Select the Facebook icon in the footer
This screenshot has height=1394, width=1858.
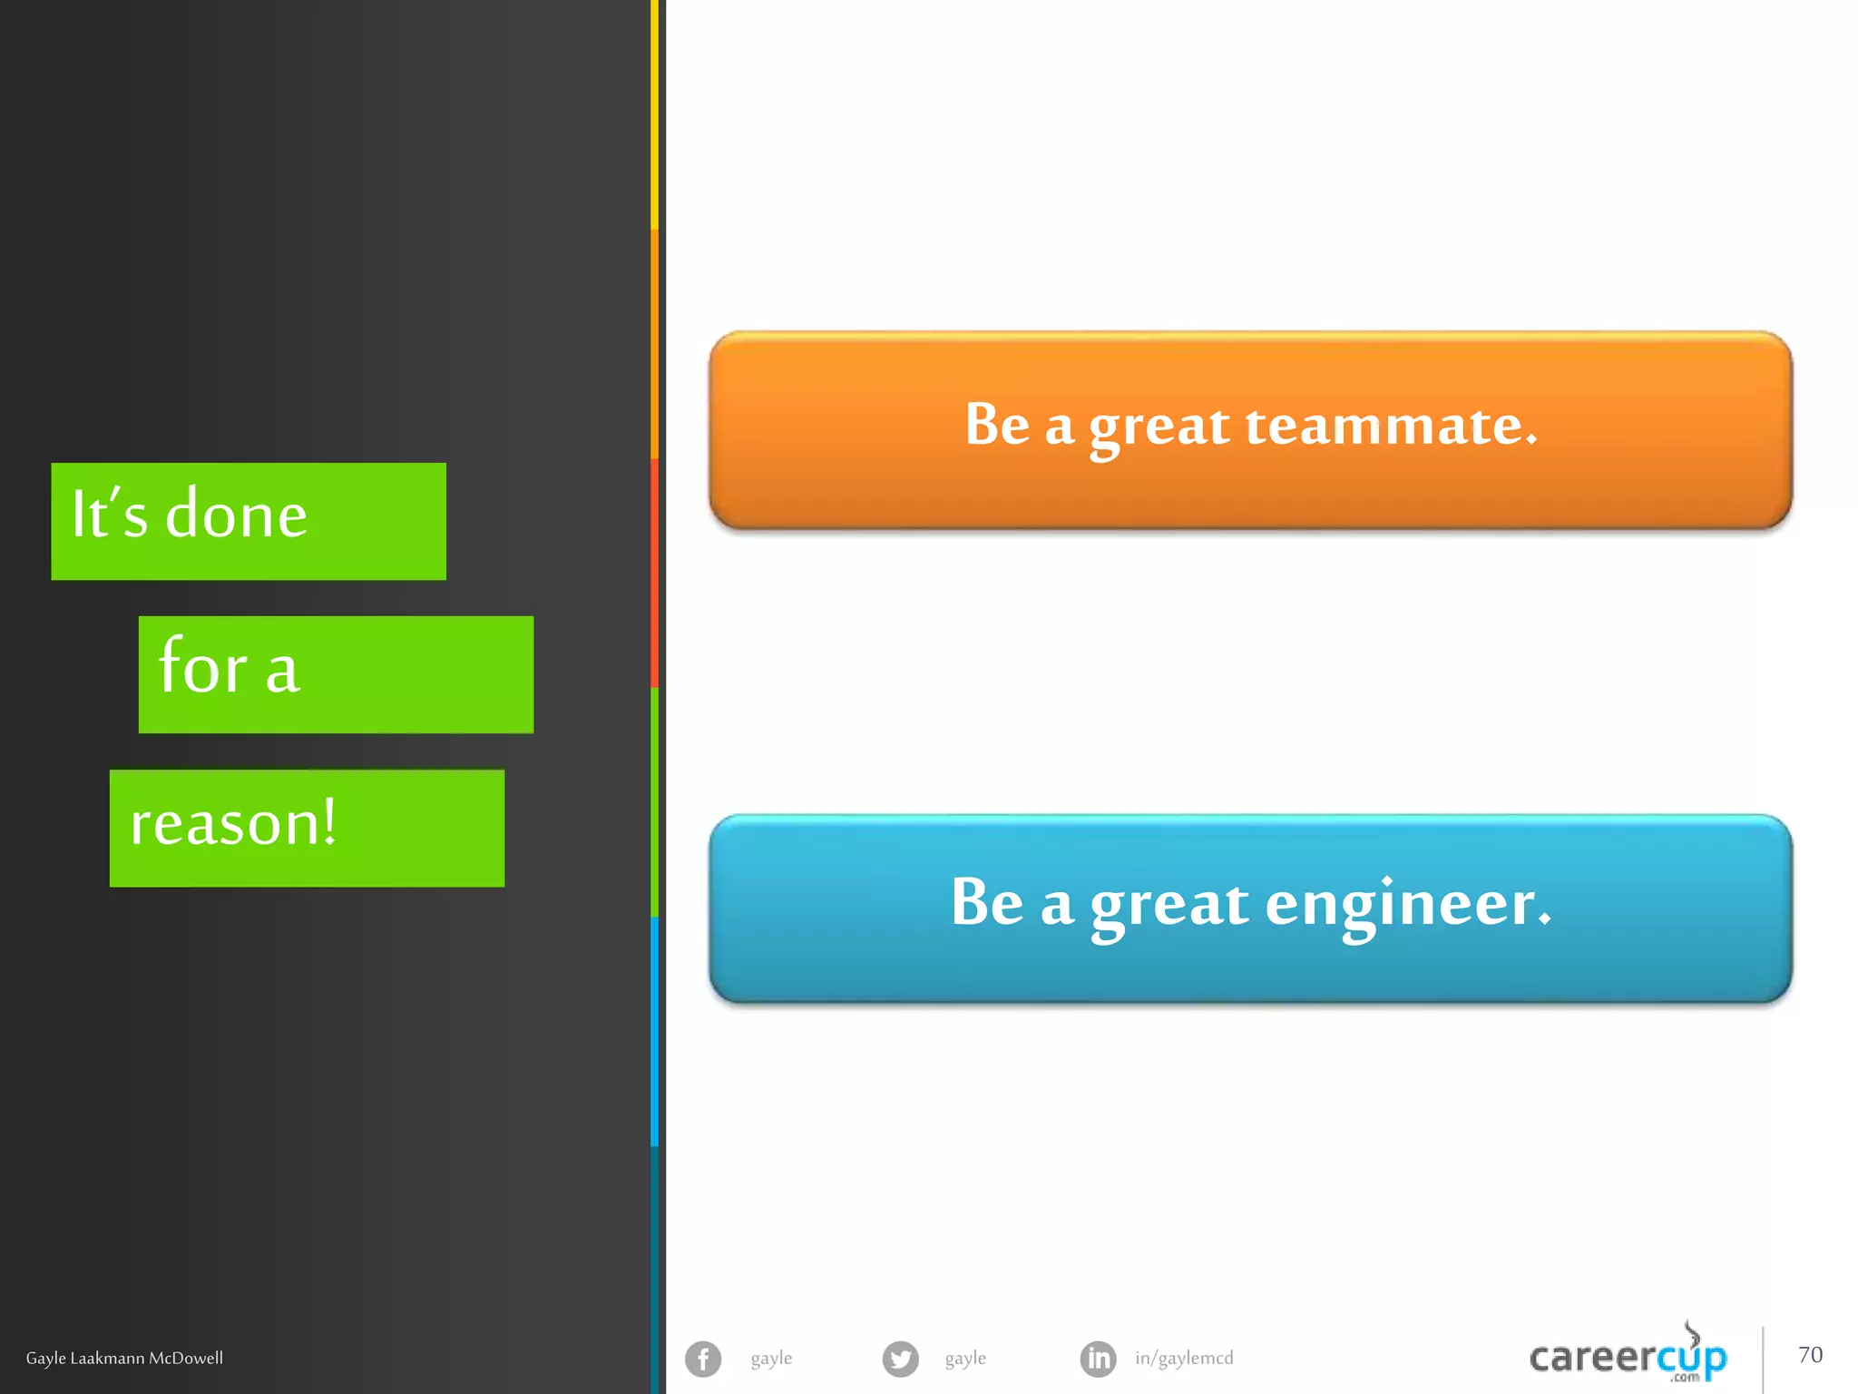pos(703,1359)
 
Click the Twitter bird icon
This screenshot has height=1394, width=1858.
pos(900,1359)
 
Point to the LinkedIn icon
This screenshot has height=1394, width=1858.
pos(1098,1359)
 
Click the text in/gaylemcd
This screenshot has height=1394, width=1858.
pos(1184,1358)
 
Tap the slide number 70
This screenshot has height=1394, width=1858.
pos(1810,1355)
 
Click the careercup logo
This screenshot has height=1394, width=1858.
pos(1628,1357)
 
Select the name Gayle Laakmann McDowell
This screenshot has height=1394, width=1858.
pos(124,1358)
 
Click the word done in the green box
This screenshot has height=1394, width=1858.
pos(236,515)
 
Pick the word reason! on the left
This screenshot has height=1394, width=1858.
pos(233,822)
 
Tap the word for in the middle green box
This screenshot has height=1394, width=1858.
pos(203,666)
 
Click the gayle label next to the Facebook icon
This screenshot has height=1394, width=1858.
pos(771,1358)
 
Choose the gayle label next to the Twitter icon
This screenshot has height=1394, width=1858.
pos(965,1358)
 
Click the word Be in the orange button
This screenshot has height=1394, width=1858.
pos(997,424)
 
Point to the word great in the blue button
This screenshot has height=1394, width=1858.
pos(1169,905)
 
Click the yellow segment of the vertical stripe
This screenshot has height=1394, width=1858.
pos(654,113)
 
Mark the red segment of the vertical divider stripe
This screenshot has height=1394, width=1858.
pos(654,572)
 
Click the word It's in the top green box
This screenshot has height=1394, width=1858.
pos(109,514)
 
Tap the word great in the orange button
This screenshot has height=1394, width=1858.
pos(1159,427)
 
